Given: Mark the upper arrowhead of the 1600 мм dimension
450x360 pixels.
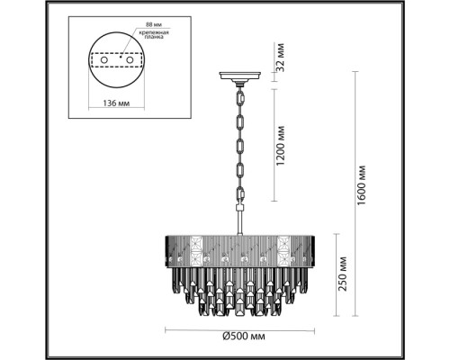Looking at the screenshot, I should [349, 73].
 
